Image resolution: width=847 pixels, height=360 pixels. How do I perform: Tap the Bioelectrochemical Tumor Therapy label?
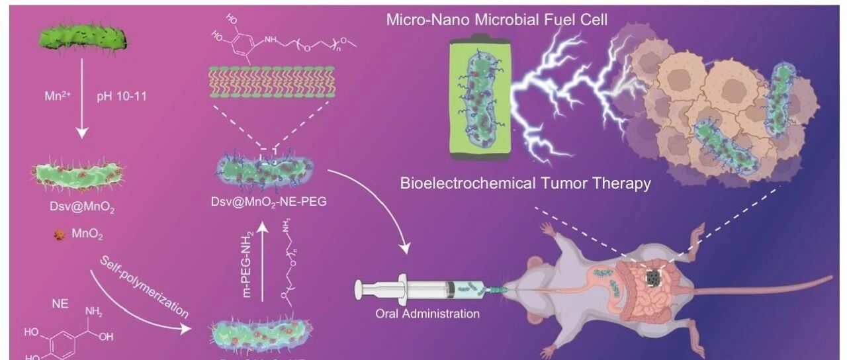[525, 183]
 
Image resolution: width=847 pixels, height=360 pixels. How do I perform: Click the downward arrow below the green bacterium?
[81, 106]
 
